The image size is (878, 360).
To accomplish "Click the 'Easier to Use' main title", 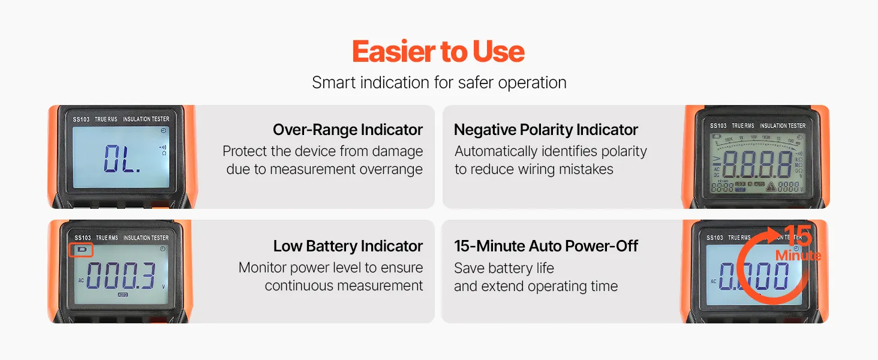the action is point(438,52).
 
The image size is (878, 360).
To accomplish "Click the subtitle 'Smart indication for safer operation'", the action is point(439,83).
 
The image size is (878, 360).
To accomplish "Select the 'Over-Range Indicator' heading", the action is point(348,130).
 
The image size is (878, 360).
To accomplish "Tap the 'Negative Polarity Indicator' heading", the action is point(546,130).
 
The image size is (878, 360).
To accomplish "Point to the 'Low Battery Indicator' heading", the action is point(348,246).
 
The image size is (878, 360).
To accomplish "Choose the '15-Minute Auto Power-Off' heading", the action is point(546,246).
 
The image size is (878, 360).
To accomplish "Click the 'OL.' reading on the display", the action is point(122,159).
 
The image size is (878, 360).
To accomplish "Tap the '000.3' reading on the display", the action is point(121,275).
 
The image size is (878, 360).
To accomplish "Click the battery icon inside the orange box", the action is point(82,250).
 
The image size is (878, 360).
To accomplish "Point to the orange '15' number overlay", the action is point(798,236).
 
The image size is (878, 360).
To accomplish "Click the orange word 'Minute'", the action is point(798,256).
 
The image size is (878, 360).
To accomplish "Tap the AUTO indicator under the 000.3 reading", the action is point(123,295).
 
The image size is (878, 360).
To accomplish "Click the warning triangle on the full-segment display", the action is point(771,187).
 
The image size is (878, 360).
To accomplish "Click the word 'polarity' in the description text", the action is point(624,151).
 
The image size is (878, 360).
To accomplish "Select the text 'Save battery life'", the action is point(504,268).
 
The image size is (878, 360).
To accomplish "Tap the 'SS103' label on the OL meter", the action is point(81,119).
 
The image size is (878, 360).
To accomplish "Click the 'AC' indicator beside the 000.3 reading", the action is point(81,280).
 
